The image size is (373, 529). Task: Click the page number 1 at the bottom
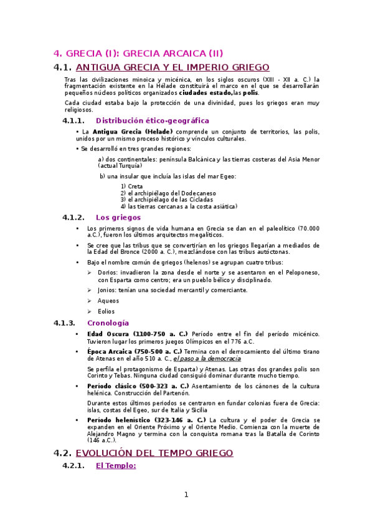(186, 495)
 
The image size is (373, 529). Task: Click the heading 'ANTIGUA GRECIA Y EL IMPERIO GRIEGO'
(172, 67)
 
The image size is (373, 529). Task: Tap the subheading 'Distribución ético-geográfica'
(153, 120)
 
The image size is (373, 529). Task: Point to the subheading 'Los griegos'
(118, 217)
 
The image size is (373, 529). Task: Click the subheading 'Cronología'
(108, 323)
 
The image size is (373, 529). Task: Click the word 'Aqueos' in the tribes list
(108, 301)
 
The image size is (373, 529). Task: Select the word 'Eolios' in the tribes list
(106, 311)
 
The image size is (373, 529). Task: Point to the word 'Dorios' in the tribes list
(107, 273)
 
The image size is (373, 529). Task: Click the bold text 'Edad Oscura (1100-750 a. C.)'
(138, 334)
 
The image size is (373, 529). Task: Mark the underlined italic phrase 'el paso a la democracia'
(207, 359)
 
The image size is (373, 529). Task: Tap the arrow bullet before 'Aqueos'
(90, 301)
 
